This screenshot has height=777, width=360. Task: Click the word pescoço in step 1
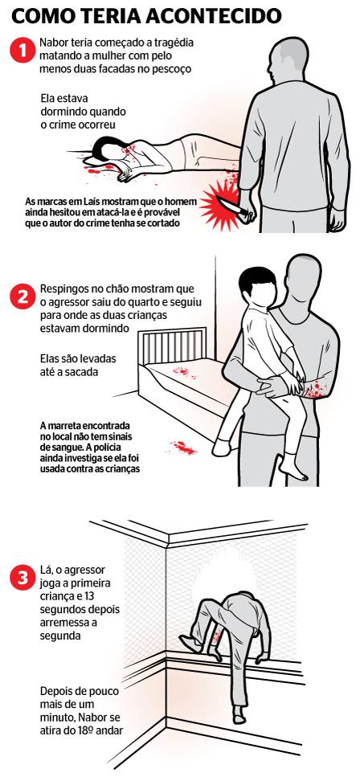(170, 68)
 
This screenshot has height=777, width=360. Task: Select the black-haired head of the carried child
(257, 286)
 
